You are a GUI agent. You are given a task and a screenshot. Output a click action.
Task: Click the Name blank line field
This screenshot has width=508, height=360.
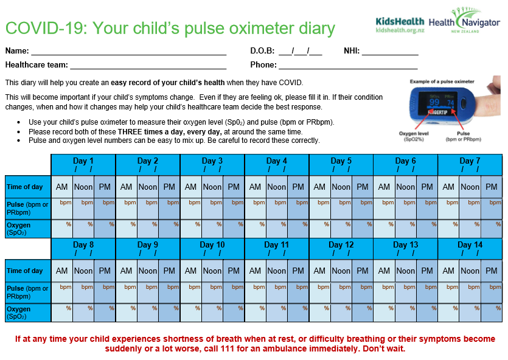coord(128,51)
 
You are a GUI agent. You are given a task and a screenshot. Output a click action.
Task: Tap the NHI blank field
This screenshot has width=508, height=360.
coord(389,51)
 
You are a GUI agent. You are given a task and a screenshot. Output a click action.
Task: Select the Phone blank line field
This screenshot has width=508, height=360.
coord(348,65)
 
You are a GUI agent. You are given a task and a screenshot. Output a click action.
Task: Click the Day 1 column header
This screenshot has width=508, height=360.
coord(83,164)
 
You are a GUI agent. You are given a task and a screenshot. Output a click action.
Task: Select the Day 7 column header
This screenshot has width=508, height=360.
coord(470,164)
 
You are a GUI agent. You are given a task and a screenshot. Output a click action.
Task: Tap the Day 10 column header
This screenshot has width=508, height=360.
coord(212,248)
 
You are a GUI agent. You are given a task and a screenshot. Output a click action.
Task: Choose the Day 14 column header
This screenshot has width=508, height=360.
coord(470,248)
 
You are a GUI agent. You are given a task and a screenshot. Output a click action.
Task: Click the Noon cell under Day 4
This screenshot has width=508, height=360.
coord(276,187)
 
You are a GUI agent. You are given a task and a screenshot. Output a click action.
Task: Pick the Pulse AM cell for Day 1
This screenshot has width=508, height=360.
coord(62,208)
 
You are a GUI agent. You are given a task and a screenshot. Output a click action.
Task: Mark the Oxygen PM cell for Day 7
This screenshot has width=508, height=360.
coord(492,229)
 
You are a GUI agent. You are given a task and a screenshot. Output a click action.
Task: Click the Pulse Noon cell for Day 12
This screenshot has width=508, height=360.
coord(341,292)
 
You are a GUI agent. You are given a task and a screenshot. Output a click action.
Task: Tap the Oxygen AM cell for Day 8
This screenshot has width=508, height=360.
coord(62,313)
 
